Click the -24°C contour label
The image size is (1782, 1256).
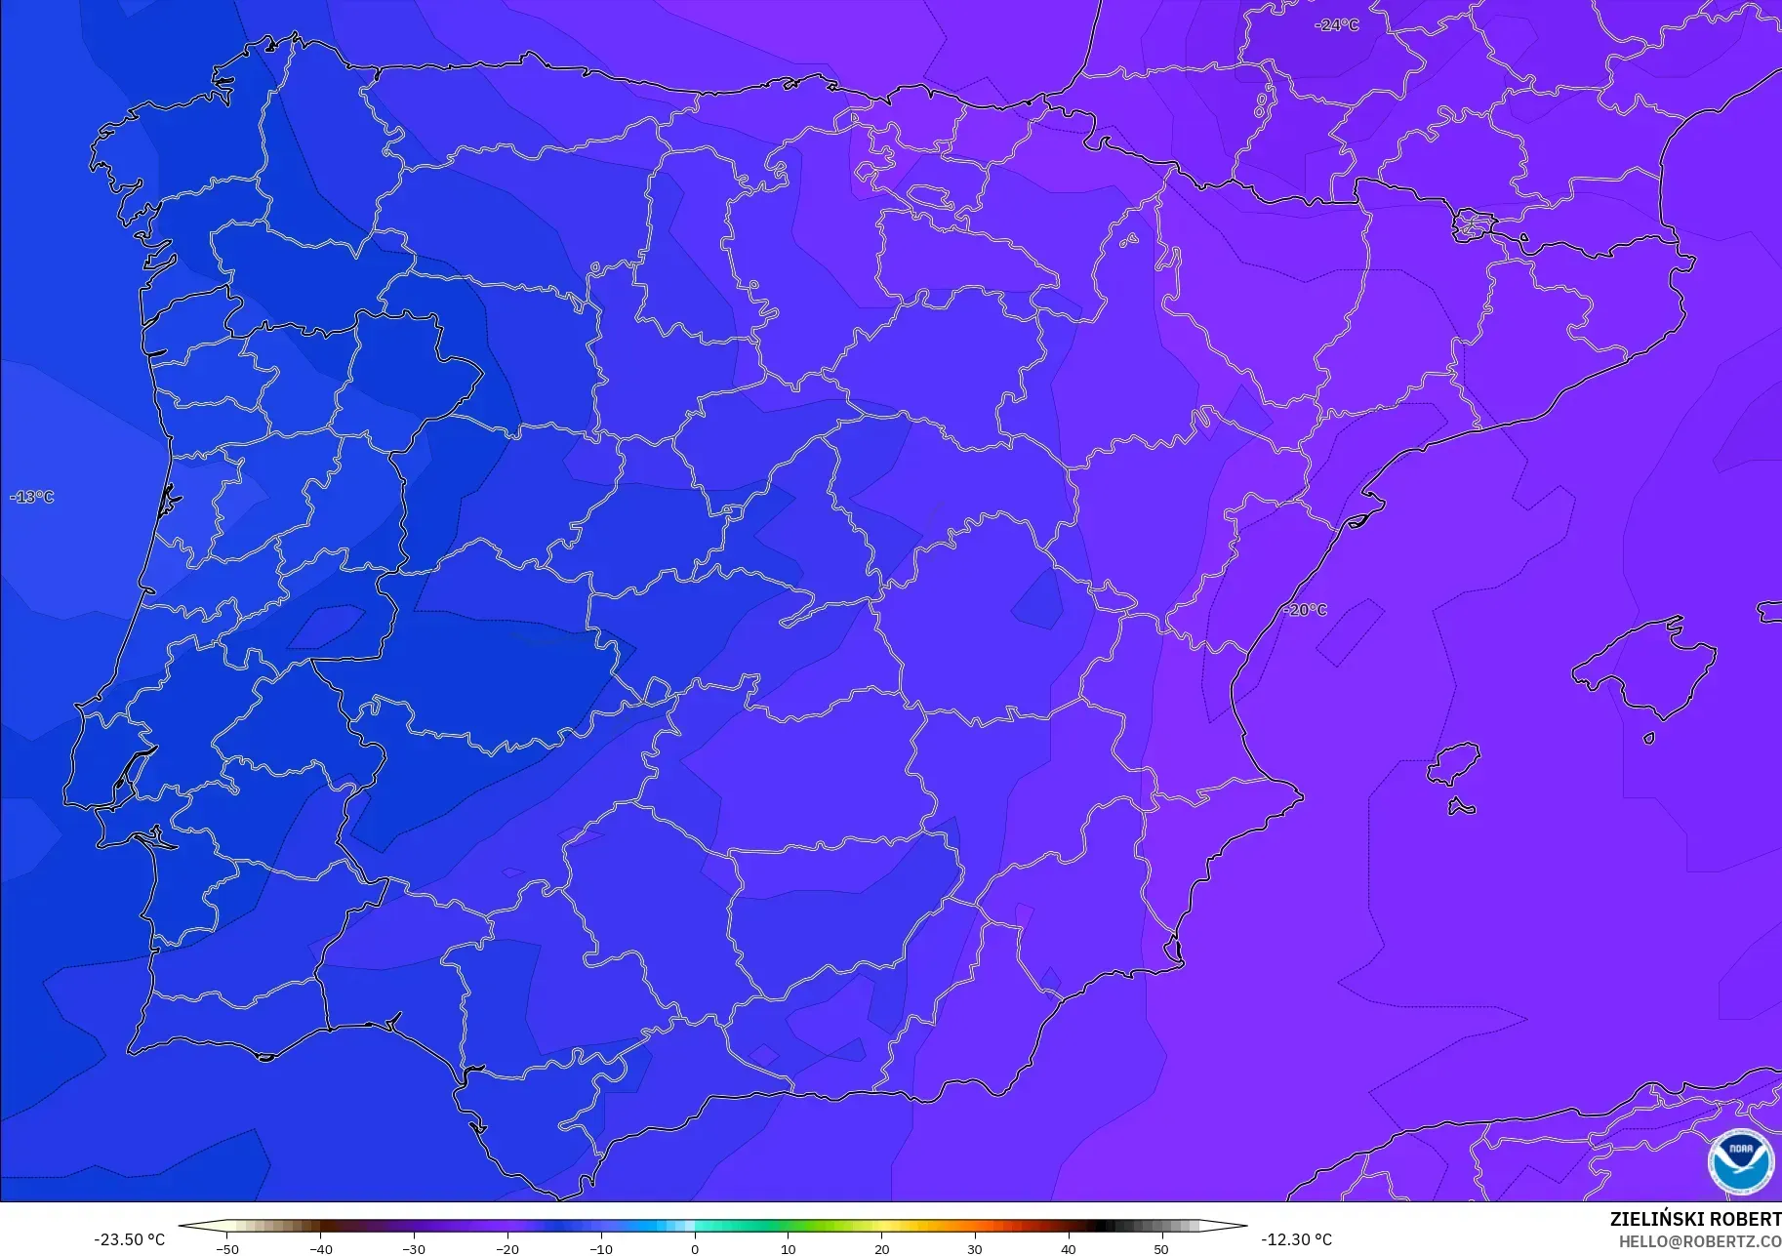(x=1336, y=25)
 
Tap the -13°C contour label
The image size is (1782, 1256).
(x=32, y=497)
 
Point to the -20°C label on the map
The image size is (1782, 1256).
(x=1305, y=610)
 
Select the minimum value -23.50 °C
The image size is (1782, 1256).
(x=129, y=1239)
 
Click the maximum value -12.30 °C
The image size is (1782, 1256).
(x=1296, y=1239)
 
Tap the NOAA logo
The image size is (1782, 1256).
(x=1740, y=1161)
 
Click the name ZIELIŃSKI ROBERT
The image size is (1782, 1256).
(x=1695, y=1219)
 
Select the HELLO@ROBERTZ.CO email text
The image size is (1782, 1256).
(x=1699, y=1241)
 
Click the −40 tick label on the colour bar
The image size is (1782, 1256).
(x=320, y=1249)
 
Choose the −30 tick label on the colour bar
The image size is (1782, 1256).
(x=414, y=1249)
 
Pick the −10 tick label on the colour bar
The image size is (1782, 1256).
(x=600, y=1249)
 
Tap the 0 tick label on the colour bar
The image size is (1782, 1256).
(x=695, y=1249)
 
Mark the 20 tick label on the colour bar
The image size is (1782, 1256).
(x=881, y=1249)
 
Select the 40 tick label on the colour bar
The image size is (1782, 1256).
(x=1069, y=1249)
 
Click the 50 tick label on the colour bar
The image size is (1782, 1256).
(x=1161, y=1249)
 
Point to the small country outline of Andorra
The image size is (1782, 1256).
(x=1473, y=225)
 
